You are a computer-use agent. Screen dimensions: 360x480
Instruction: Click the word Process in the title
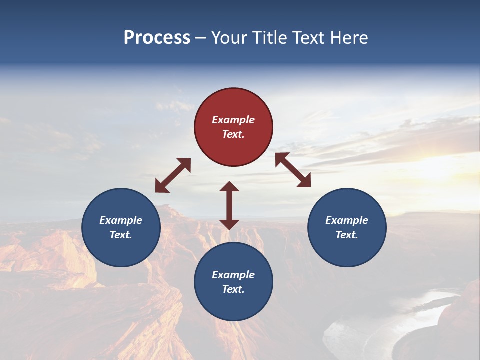click(157, 38)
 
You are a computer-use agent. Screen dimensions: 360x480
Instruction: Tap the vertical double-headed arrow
click(229, 205)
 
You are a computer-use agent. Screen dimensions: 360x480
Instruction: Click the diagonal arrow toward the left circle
click(173, 175)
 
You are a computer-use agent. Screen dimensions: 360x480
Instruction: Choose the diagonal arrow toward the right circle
click(293, 170)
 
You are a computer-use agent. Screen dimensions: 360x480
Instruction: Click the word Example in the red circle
click(233, 120)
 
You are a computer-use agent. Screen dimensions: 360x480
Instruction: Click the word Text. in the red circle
click(233, 134)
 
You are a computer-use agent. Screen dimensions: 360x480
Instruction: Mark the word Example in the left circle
click(121, 220)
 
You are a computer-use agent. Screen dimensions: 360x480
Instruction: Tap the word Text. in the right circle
click(347, 235)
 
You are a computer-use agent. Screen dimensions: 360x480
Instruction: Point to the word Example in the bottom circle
click(233, 275)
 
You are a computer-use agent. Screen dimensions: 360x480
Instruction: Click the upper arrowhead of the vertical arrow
click(229, 187)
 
